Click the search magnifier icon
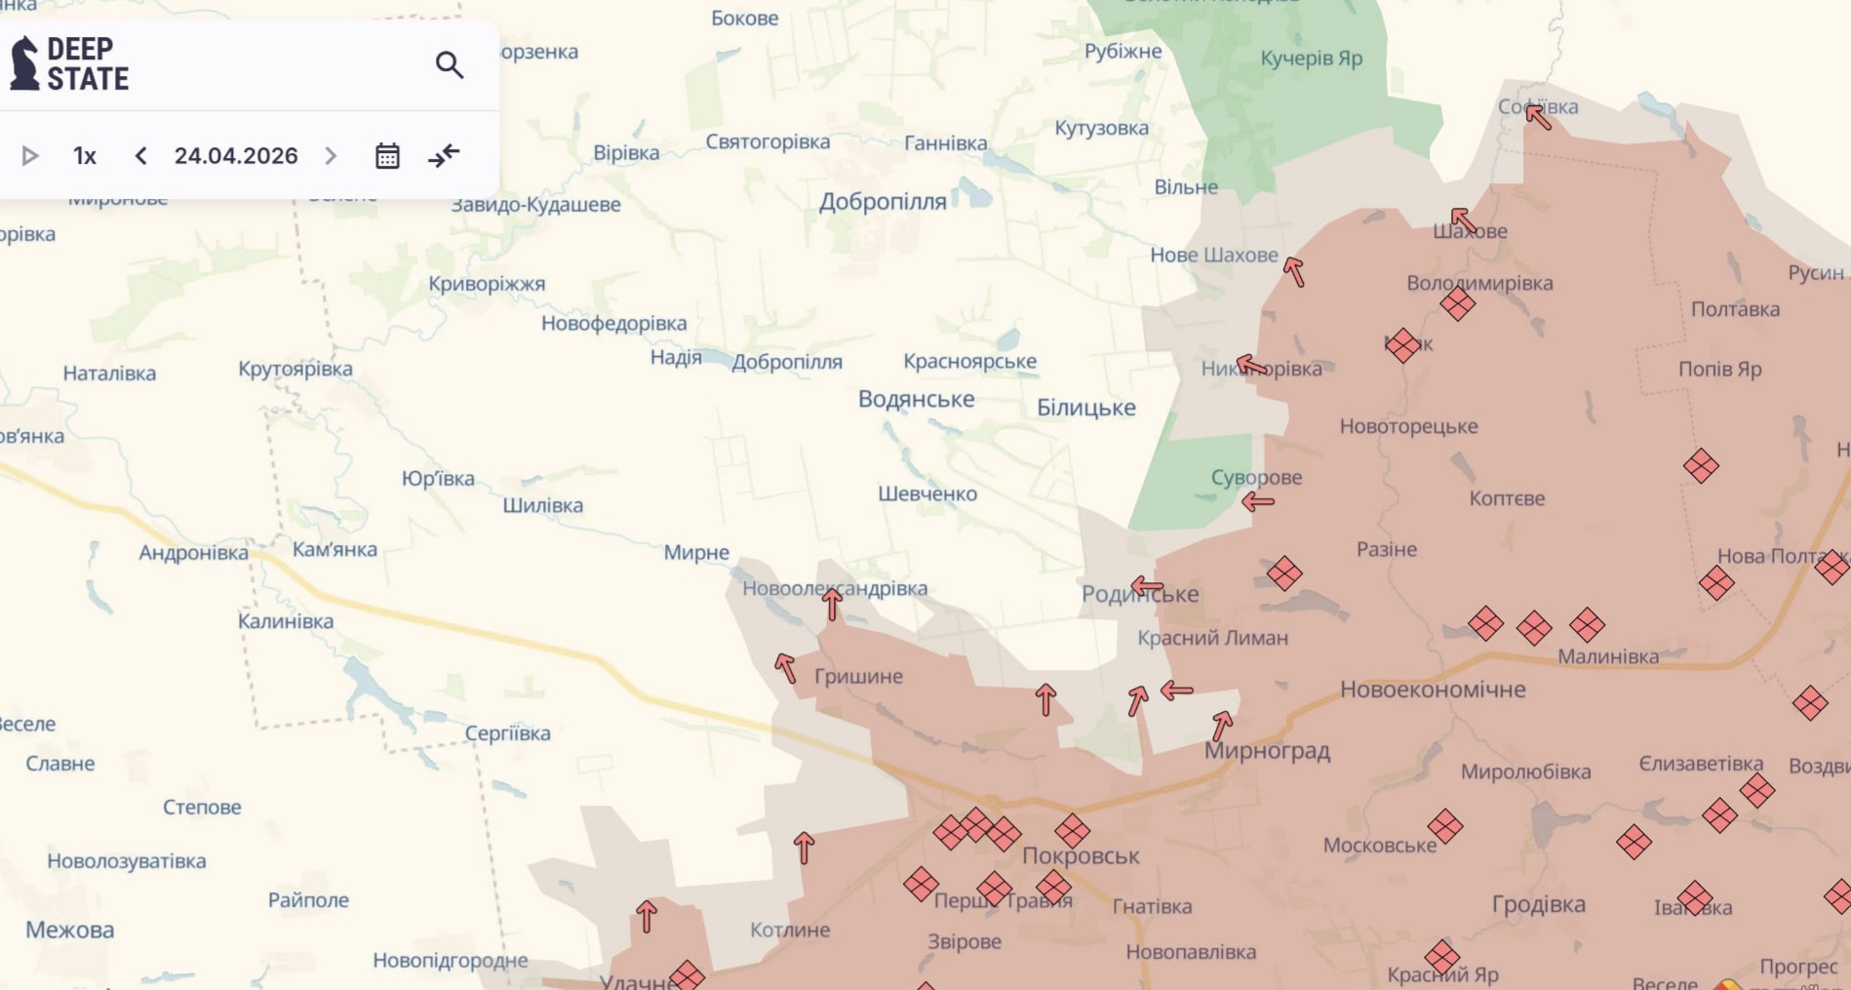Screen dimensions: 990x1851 pyautogui.click(x=449, y=65)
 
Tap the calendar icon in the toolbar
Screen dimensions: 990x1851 pyautogui.click(x=387, y=156)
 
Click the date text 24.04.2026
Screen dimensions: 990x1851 pyautogui.click(x=236, y=156)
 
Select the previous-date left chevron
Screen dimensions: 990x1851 pyautogui.click(x=140, y=156)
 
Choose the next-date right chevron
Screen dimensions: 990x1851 pyautogui.click(x=331, y=156)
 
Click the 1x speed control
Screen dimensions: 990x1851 pyautogui.click(x=85, y=156)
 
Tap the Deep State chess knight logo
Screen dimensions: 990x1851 pyautogui.click(x=24, y=63)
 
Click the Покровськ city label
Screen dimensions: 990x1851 pyautogui.click(x=1080, y=855)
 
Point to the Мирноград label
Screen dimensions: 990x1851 pyautogui.click(x=1266, y=750)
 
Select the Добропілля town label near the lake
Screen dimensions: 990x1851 pyautogui.click(x=882, y=202)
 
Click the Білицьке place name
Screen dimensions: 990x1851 pyautogui.click(x=1085, y=408)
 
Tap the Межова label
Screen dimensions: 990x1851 pyautogui.click(x=69, y=930)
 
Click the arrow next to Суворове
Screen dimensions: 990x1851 pyautogui.click(x=1257, y=502)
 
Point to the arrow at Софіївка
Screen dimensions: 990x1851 pyautogui.click(x=1538, y=117)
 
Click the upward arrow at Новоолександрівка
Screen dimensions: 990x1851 pyautogui.click(x=831, y=604)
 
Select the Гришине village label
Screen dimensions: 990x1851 pyautogui.click(x=857, y=676)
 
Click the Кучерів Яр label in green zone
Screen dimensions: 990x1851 pyautogui.click(x=1311, y=59)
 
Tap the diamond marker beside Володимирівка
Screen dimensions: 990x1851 pyautogui.click(x=1457, y=304)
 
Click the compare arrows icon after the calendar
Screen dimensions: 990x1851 pyautogui.click(x=444, y=156)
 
